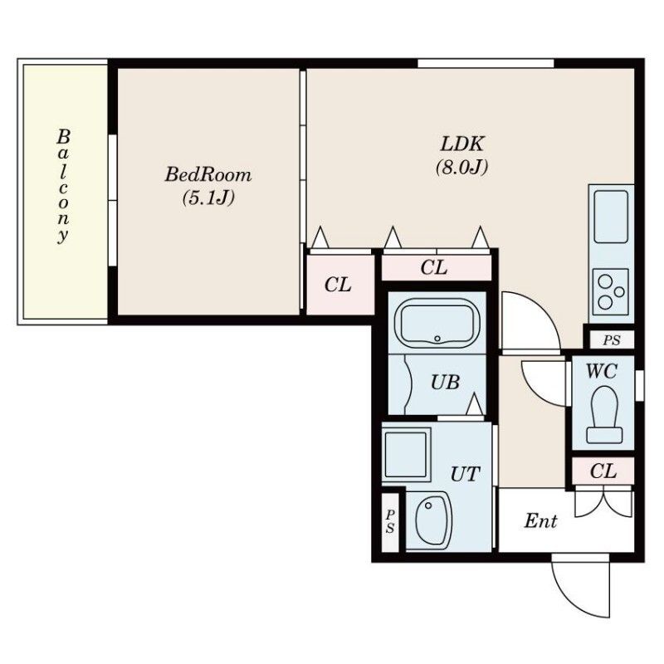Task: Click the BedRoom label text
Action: coord(208,174)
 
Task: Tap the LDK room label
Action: coord(461,144)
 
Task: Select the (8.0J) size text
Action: coord(461,168)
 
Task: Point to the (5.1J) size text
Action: coord(208,198)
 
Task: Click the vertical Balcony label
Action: coord(63,186)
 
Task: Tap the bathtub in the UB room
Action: coord(437,323)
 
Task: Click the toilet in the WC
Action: coord(604,414)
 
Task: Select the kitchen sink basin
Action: coord(611,217)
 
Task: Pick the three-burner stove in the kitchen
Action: coord(611,291)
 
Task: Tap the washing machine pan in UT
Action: coord(406,455)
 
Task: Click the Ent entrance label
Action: coord(540,520)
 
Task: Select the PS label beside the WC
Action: coord(612,340)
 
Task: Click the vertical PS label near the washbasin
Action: coord(390,521)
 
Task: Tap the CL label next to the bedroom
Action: coord(338,285)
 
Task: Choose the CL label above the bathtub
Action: coord(433,267)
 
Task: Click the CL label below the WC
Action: coord(603,471)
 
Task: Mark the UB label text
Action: coord(445,383)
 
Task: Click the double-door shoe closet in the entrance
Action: coord(603,504)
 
